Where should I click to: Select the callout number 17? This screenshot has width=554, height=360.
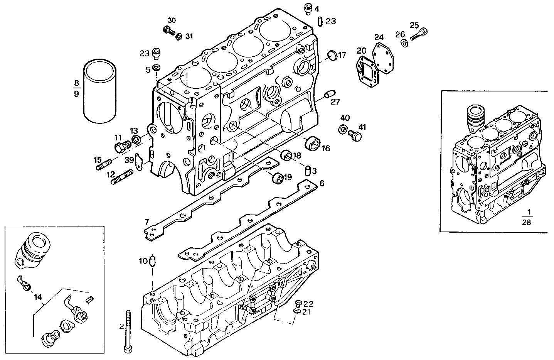click(342, 55)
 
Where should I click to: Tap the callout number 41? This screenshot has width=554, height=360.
click(363, 127)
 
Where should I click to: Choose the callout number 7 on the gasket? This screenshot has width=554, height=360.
click(146, 221)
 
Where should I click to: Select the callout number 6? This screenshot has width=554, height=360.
click(322, 183)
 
